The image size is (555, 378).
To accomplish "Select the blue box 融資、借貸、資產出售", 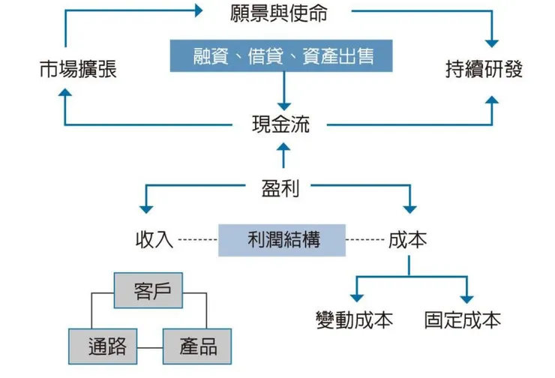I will coord(283,57).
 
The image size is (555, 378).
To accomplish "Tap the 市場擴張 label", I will coord(78,70).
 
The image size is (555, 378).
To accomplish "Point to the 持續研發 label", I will coord(484,70).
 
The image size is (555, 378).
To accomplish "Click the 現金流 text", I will coord(280,124).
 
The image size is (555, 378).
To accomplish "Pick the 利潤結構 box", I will coord(283,240).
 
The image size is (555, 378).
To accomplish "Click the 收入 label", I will coord(154,240).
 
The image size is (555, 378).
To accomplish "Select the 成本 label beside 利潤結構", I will coord(408,240).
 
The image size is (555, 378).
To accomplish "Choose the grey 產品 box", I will coord(198,346).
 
